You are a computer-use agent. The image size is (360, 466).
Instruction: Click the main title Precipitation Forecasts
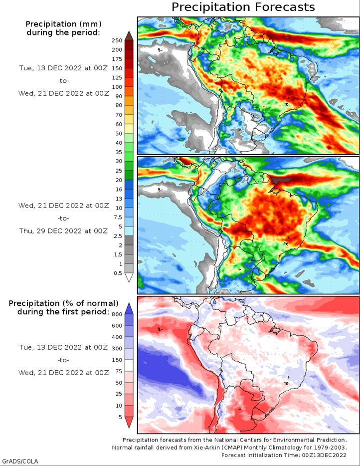click(x=243, y=7)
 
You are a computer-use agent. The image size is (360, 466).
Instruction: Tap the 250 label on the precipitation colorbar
click(x=117, y=40)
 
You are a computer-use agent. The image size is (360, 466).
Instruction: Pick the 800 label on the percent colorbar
click(x=117, y=314)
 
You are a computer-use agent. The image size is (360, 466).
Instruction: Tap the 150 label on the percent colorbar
click(x=117, y=360)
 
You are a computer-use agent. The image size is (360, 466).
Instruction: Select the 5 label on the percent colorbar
click(x=120, y=416)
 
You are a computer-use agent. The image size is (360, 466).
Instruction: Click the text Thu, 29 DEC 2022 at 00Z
click(x=63, y=231)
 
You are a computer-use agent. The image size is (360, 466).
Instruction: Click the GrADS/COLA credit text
click(x=20, y=461)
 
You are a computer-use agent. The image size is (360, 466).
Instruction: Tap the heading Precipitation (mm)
click(x=63, y=24)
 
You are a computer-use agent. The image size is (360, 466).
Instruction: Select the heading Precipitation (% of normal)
click(x=63, y=303)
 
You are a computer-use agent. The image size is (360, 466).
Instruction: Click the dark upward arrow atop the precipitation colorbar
click(x=128, y=35)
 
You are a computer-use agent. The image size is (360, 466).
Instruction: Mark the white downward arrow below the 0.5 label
click(x=128, y=278)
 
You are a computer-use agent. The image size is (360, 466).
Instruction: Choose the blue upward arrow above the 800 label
click(x=128, y=307)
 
